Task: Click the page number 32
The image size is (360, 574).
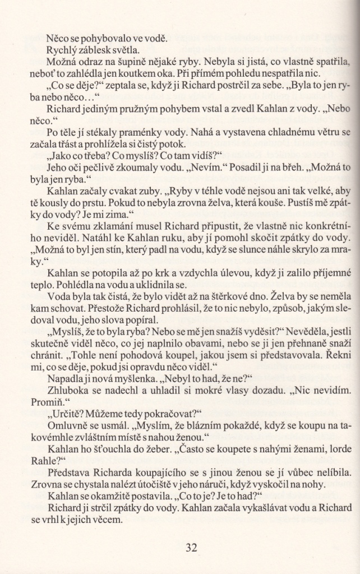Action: [x=192, y=548]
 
